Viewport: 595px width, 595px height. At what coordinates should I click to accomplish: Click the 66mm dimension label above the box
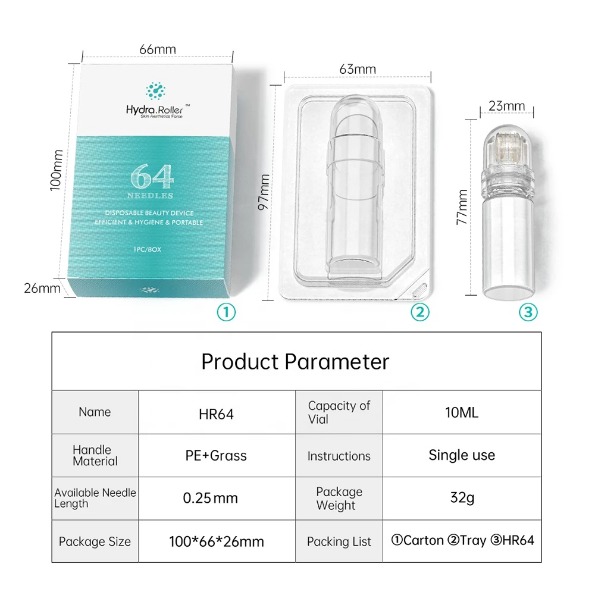158,49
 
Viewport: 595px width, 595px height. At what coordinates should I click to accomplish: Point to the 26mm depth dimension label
42,289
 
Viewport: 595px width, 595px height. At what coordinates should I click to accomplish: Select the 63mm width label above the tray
358,69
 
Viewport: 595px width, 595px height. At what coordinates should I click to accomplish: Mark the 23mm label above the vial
506,107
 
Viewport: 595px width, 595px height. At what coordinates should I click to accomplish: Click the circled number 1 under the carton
226,311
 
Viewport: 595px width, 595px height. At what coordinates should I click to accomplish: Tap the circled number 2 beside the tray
419,311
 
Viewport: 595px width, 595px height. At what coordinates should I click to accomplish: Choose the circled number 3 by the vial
528,311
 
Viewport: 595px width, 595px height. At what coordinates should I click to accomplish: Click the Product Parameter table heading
295,362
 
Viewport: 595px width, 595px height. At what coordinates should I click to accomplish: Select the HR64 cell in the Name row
216,414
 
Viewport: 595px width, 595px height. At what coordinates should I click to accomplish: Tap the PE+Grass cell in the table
216,456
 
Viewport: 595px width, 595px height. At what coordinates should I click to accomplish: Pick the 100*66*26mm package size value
217,541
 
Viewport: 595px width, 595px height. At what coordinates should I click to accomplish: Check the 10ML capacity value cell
462,412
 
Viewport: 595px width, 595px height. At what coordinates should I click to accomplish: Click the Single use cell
462,455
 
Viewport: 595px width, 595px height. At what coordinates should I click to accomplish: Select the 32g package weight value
462,497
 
